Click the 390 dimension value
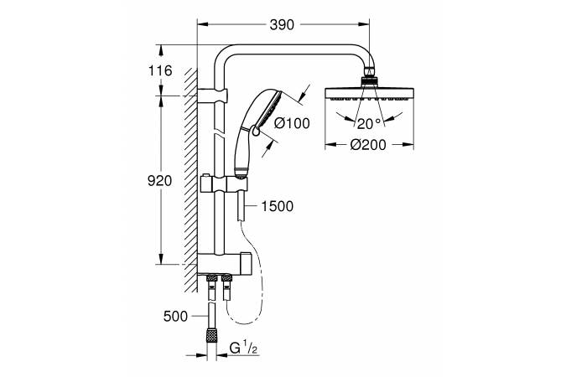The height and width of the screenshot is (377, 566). click(x=282, y=25)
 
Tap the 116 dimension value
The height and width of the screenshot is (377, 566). click(x=160, y=70)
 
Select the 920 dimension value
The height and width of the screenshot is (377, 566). click(x=160, y=181)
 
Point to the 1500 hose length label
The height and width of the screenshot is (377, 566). click(x=278, y=206)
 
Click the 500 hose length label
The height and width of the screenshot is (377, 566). click(x=175, y=317)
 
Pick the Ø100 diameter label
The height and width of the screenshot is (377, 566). click(x=292, y=123)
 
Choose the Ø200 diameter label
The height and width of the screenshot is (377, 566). click(x=368, y=145)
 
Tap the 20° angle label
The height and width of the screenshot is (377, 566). click(x=369, y=124)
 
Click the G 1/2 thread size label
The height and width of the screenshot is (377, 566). click(x=244, y=349)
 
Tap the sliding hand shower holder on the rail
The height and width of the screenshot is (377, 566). click(x=224, y=184)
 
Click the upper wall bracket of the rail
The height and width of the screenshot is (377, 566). click(x=213, y=95)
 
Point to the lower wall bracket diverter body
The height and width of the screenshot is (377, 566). click(x=223, y=263)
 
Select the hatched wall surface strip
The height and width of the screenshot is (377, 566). click(x=191, y=180)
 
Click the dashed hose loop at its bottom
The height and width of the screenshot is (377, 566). click(x=247, y=323)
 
